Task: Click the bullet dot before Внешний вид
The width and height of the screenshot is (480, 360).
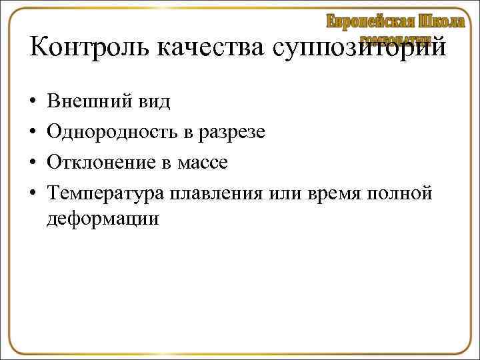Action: point(33,102)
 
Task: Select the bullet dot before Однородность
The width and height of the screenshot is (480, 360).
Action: point(33,132)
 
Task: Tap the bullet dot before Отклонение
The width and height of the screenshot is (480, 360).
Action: point(33,163)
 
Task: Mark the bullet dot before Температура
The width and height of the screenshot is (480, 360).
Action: point(33,193)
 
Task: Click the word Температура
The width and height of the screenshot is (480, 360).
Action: point(106,194)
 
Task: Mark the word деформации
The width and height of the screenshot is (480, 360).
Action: point(103,219)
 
